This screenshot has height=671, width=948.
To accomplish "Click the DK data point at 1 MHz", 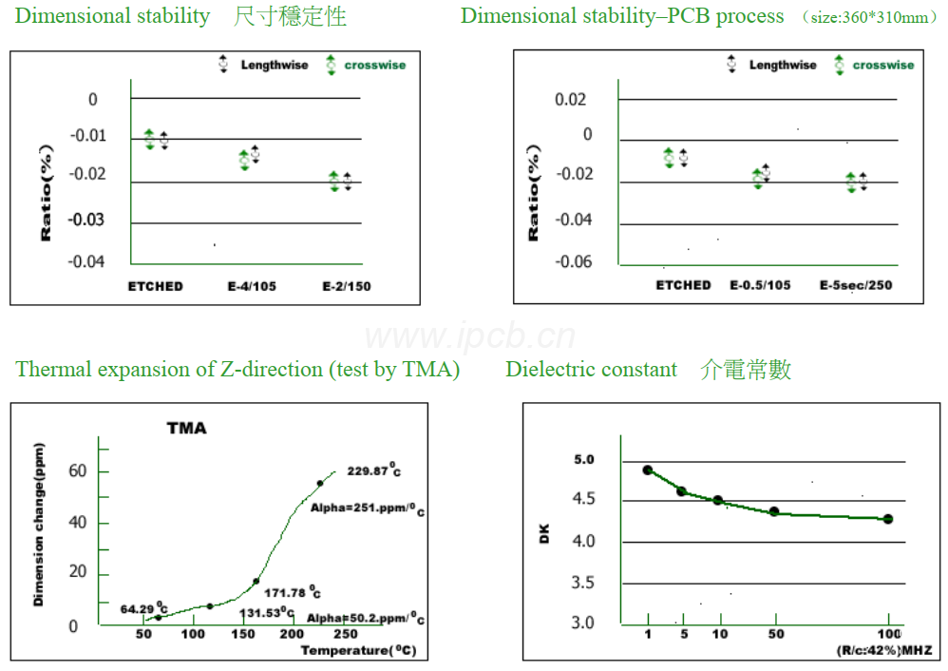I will (648, 470).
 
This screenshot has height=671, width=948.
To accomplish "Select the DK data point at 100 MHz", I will (887, 519).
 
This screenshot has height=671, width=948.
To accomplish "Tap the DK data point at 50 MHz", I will (774, 511).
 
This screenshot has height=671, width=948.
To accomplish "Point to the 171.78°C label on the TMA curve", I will (293, 593).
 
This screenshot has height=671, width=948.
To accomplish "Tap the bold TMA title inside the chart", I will (186, 429).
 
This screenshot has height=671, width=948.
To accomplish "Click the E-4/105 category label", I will (252, 286).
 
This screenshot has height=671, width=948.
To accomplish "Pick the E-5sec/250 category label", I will (856, 285).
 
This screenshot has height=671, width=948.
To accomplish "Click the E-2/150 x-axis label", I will (346, 286).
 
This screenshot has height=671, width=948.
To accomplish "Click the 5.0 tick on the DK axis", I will (584, 460).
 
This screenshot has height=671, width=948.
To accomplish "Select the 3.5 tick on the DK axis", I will (584, 583).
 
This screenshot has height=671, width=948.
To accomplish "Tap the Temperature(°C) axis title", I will (358, 651).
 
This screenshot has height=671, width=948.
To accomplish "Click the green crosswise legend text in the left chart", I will (374, 66).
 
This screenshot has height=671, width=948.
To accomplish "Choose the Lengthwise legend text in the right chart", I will (783, 66).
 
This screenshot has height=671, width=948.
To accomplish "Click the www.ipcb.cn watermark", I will (469, 335).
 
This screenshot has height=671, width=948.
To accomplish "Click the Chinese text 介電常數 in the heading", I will (746, 369).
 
